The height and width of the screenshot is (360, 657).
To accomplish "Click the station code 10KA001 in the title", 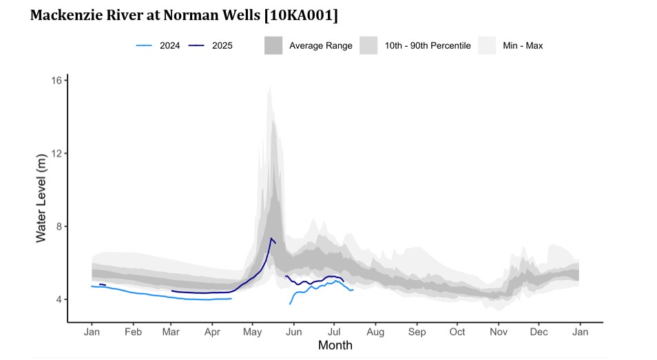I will (297, 14).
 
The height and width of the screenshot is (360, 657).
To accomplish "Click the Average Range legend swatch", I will (274, 46).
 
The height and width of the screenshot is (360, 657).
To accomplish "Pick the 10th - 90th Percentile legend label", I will (427, 46).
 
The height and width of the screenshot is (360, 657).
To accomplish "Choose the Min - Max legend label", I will (523, 46).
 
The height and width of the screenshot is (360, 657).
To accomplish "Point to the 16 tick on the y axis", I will (57, 81).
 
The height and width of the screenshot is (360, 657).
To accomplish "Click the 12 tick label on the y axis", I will (57, 153).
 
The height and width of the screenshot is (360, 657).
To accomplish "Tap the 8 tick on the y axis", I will (60, 226).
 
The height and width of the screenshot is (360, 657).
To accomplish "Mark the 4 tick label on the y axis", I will (60, 299).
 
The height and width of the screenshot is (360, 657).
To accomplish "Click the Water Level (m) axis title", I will (41, 198).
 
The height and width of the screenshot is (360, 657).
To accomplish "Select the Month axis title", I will (335, 346).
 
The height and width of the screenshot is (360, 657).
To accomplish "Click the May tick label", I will (252, 332).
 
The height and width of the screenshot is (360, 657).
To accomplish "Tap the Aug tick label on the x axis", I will (375, 332).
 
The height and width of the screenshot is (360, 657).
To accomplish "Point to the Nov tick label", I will (498, 332).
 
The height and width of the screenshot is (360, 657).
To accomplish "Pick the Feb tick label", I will (133, 332).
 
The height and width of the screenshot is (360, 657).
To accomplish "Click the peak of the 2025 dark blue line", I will (271, 239).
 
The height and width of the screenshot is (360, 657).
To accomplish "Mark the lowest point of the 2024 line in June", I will (290, 304).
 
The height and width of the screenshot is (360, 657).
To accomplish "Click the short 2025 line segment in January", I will (102, 284).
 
